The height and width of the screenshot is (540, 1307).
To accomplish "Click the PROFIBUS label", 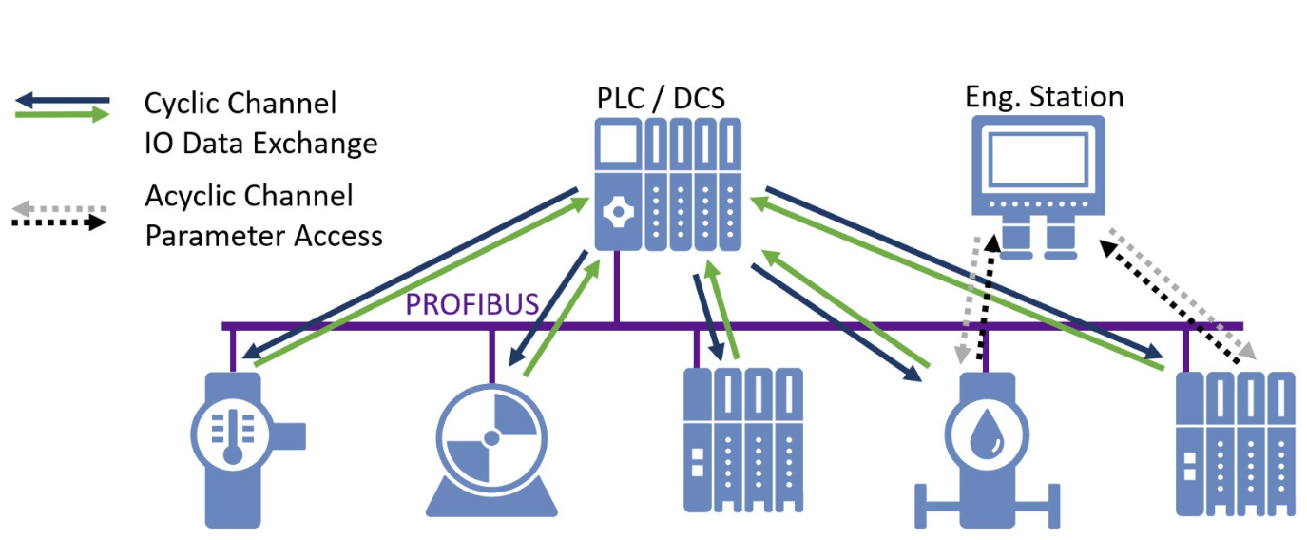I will (x=472, y=305).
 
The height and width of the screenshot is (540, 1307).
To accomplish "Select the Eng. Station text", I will (x=1044, y=97).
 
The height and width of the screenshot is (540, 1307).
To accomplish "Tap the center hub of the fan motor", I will (x=491, y=438).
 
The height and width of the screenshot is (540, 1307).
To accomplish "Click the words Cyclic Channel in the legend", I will (x=240, y=103).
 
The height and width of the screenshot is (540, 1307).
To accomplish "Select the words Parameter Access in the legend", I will (x=263, y=235).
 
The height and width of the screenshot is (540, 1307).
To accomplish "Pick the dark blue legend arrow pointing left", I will (x=62, y=99).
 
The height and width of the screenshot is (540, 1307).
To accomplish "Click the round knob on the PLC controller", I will (x=618, y=209).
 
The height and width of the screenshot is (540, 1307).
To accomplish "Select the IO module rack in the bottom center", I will (x=743, y=438).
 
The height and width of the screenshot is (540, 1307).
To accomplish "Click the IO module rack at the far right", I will (x=1235, y=442).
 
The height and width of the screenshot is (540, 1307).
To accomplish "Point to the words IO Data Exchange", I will (x=260, y=143).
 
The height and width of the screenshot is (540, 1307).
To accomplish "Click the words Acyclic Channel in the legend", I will (x=249, y=196).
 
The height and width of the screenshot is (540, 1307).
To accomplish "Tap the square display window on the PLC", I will (x=618, y=151).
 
